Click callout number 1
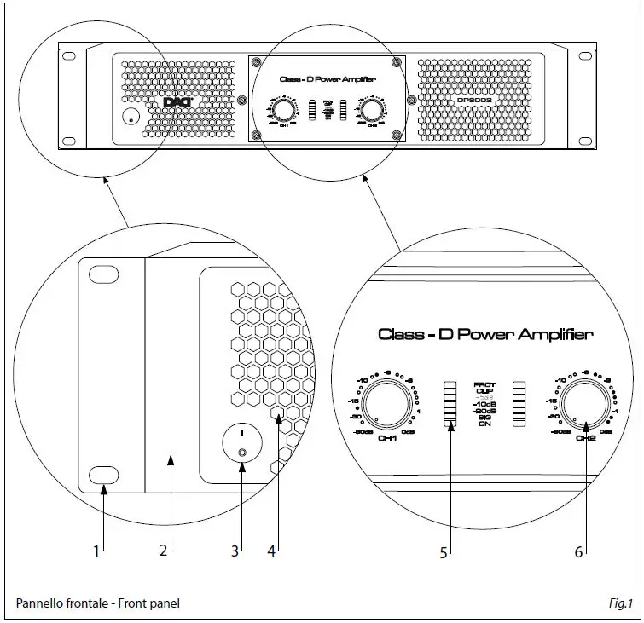(97, 551)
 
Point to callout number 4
(271, 551)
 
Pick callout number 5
(444, 552)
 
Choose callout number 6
(579, 552)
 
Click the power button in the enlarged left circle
(241, 444)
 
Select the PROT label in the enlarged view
(484, 385)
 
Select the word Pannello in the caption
(38, 603)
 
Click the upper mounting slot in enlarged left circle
(102, 275)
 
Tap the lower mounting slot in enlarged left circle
(102, 474)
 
